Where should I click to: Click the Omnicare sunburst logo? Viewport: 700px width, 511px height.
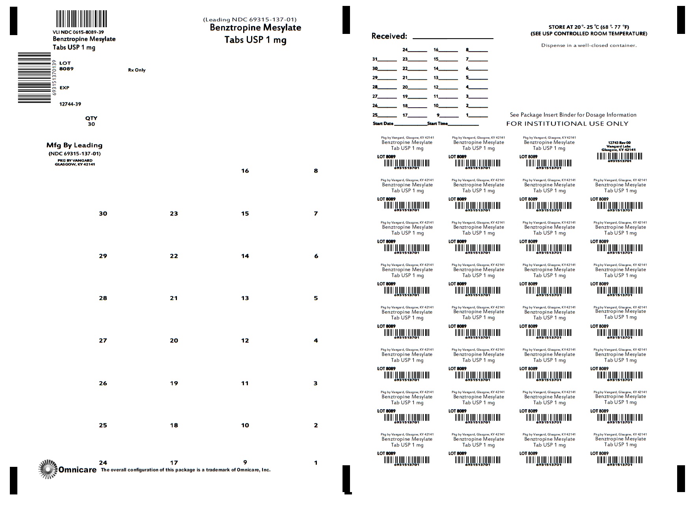click(48, 469)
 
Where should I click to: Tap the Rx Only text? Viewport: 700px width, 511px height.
click(137, 70)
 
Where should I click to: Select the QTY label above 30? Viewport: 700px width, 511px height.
click(91, 118)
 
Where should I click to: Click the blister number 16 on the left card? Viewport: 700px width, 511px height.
click(245, 171)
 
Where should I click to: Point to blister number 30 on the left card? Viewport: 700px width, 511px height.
click(103, 214)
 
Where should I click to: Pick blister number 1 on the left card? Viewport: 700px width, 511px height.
click(316, 463)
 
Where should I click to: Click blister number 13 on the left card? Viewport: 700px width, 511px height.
click(245, 298)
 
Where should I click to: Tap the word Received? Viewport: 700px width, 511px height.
click(389, 36)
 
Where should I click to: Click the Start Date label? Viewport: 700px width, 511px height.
click(383, 124)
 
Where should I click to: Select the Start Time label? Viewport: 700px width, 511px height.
click(438, 124)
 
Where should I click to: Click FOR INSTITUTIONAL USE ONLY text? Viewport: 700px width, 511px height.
click(567, 124)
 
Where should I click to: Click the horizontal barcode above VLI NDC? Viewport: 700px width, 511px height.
click(81, 19)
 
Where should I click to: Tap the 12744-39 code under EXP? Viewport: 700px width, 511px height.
click(70, 104)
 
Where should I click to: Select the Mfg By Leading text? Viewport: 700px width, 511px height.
click(74, 145)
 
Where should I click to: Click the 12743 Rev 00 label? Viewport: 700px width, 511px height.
click(619, 143)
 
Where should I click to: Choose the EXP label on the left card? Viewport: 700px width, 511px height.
click(64, 88)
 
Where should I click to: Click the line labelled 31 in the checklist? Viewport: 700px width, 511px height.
click(384, 60)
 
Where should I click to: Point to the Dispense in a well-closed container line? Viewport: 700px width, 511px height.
click(589, 45)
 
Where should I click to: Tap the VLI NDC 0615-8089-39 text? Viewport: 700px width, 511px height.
click(78, 32)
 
